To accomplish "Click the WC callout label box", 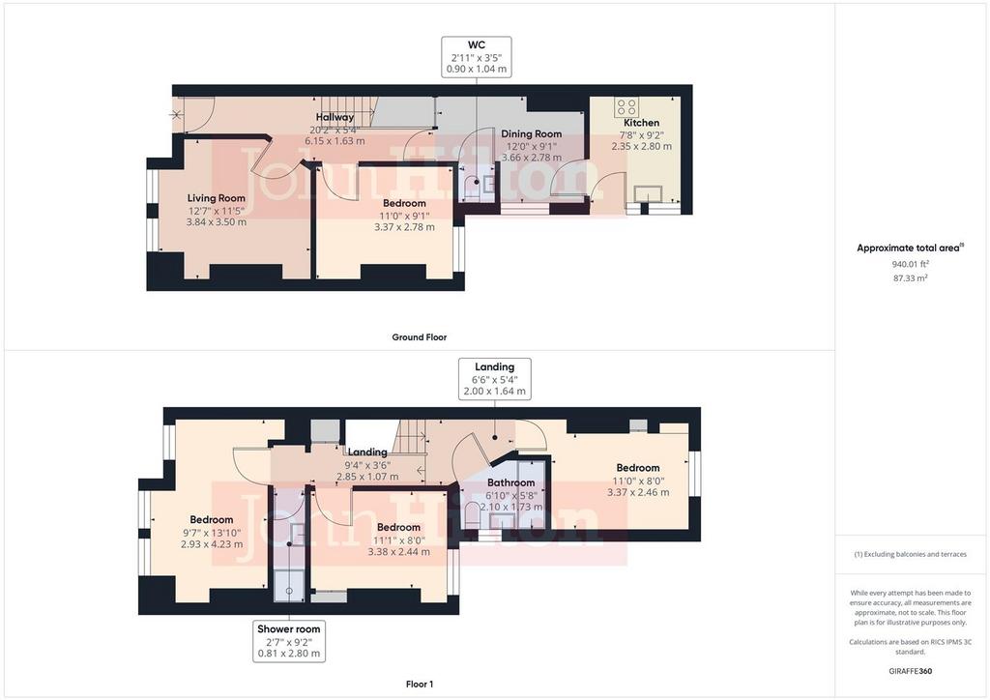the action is click(x=476, y=57).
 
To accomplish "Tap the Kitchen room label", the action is click(x=642, y=123).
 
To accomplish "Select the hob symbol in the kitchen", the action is click(x=626, y=106).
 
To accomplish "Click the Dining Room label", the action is click(x=531, y=133).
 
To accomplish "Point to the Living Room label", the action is click(x=216, y=198).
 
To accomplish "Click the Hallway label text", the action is click(x=335, y=117).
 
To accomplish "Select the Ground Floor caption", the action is click(x=420, y=337).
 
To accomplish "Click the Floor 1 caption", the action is click(x=420, y=685).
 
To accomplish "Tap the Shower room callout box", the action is click(x=288, y=641).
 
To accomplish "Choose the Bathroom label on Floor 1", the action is click(x=510, y=482).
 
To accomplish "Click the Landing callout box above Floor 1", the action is click(x=494, y=379).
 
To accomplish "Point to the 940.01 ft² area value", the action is click(x=910, y=265).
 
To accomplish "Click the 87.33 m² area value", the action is click(x=910, y=277).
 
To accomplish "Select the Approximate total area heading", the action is click(x=910, y=248).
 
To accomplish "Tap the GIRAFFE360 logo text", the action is click(x=910, y=671).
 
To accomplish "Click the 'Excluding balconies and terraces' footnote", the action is click(x=910, y=554).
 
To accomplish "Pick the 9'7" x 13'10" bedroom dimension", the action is click(x=212, y=532).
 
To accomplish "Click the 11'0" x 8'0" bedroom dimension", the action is click(x=638, y=481).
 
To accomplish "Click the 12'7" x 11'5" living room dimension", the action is click(x=216, y=210).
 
